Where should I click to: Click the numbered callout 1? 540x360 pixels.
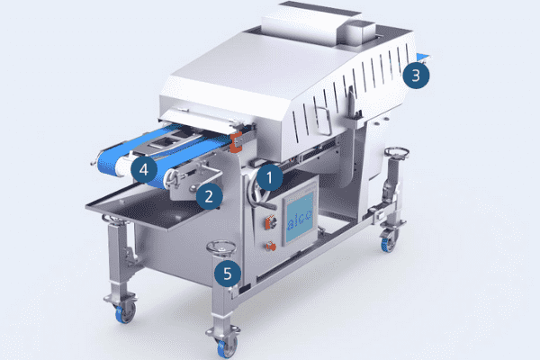coord(269,177)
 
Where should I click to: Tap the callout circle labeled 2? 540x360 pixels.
coord(209,196)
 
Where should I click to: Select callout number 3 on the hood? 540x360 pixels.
coord(416,75)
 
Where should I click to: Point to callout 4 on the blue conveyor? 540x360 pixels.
coord(144,169)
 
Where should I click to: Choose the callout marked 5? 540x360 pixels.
coord(228,274)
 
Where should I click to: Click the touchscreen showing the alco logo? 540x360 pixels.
coord(300,217)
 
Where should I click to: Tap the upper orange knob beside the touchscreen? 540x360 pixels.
coord(270,222)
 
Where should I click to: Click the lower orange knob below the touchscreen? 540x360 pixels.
coord(271,247)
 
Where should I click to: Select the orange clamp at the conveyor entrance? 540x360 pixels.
coord(236,142)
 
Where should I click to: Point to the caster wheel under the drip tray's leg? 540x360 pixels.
coord(125,313)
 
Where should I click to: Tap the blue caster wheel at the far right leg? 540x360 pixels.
coord(389,243)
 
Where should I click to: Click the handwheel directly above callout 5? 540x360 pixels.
coord(221,248)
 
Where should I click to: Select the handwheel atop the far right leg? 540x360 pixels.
coord(396,152)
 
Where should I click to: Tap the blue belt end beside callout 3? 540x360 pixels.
coord(423,57)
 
